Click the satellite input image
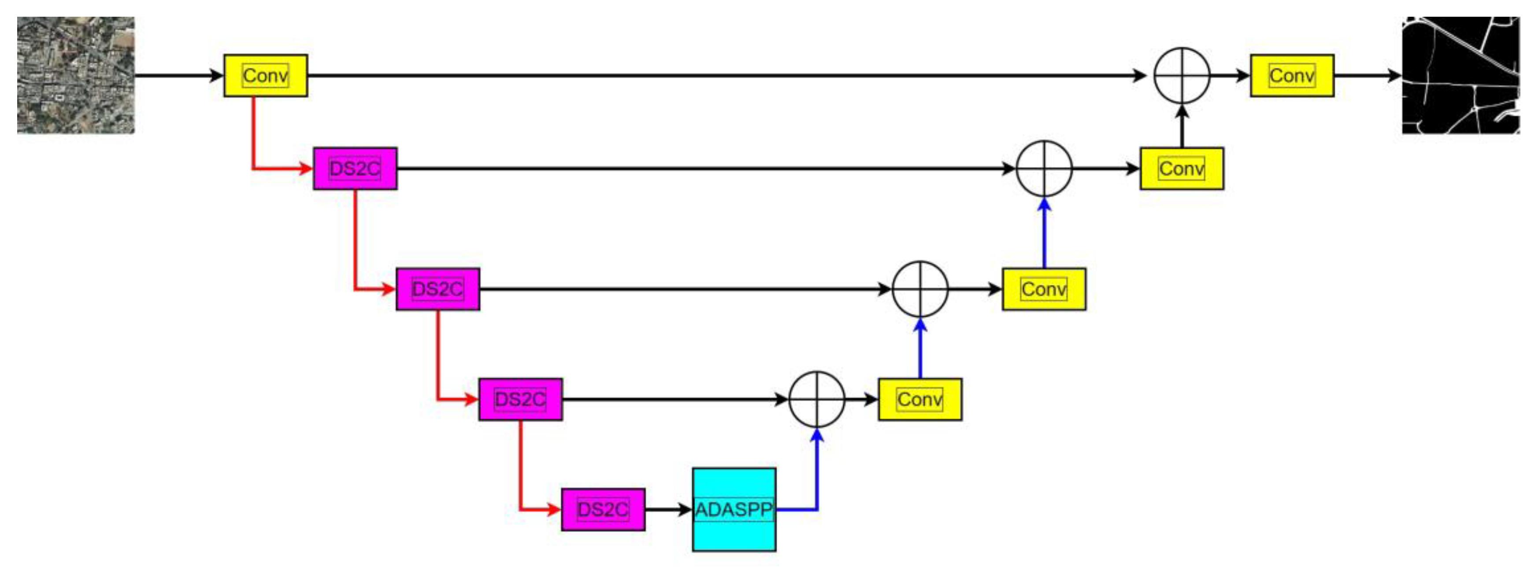[76, 75]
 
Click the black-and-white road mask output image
[1460, 75]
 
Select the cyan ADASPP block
[734, 509]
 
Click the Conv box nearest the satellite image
[266, 76]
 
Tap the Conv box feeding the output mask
[1292, 76]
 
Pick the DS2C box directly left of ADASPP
[603, 509]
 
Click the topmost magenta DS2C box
[355, 169]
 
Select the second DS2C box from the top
[437, 289]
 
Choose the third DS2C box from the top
[520, 399]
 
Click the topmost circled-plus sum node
[1182, 76]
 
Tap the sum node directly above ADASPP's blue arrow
[817, 399]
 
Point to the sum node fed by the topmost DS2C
[1045, 169]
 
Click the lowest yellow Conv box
[920, 399]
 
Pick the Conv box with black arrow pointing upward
[1182, 169]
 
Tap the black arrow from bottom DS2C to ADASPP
[668, 509]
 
